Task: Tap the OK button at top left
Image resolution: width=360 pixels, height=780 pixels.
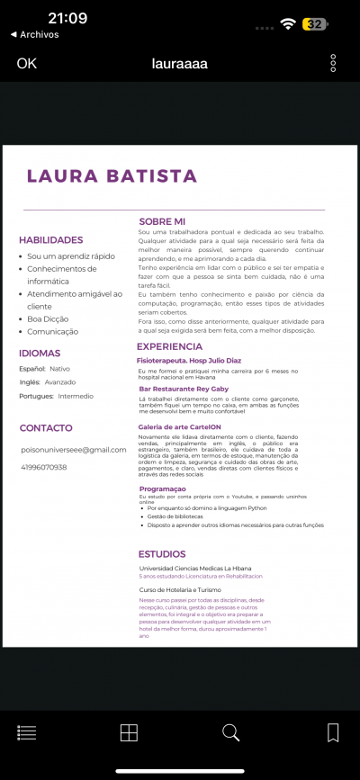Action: tap(27, 63)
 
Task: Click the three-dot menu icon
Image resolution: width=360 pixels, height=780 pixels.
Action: tap(333, 63)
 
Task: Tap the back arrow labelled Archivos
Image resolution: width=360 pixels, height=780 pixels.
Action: tap(35, 34)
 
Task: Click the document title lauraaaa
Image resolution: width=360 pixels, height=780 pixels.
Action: tap(179, 63)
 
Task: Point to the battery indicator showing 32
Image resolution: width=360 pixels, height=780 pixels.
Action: tap(314, 24)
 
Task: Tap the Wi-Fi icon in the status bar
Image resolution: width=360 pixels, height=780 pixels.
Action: tap(288, 24)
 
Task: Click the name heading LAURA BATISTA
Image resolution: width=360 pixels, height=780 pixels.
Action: tap(112, 176)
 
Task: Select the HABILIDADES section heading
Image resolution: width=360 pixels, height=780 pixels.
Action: tap(51, 240)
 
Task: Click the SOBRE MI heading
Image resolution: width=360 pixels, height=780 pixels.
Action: tap(162, 221)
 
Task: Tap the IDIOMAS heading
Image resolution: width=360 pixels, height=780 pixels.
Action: tap(40, 354)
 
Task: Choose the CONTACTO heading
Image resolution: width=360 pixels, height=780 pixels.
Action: tap(46, 427)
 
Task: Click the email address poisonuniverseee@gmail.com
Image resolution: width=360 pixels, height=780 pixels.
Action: tap(74, 449)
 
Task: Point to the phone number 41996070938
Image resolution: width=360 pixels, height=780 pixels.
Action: tap(44, 467)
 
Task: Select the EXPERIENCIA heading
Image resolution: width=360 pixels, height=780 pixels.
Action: tap(170, 346)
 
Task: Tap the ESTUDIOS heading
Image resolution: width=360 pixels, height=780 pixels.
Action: tap(162, 554)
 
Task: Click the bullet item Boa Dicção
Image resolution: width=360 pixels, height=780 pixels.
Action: tap(47, 318)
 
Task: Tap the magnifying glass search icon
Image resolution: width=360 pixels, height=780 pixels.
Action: tap(231, 732)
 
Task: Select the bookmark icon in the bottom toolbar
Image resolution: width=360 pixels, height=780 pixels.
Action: tap(333, 732)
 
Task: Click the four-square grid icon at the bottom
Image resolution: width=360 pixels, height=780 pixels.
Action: tap(129, 732)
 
